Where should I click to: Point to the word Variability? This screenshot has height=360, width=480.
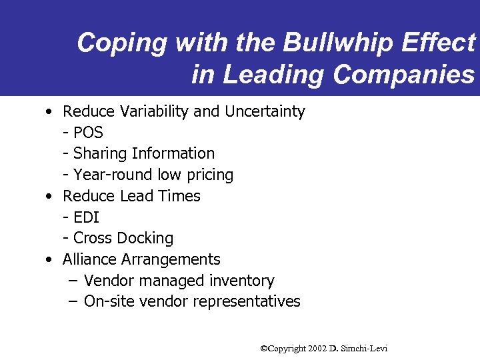click(148, 111)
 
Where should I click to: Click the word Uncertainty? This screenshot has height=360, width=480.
click(265, 111)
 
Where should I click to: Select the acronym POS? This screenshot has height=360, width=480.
click(88, 133)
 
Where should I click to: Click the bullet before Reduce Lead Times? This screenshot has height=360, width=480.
click(50, 197)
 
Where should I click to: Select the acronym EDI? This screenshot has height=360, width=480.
click(86, 217)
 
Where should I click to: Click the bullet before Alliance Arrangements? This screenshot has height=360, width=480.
click(50, 260)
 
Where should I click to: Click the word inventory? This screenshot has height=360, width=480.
click(241, 281)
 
